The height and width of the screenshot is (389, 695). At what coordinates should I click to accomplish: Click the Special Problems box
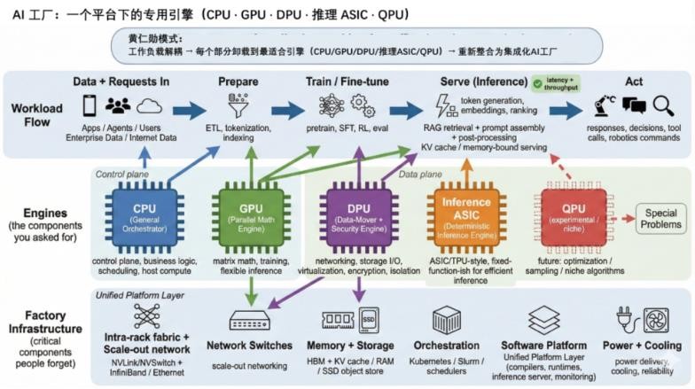coord(662,219)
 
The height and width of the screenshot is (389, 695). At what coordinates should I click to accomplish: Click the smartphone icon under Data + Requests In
coord(90,106)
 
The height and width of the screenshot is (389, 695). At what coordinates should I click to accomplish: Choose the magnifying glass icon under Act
coord(663,106)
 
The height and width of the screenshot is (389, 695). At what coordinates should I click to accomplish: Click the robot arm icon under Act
coord(605,105)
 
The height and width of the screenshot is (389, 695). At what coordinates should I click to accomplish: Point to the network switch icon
coord(249,320)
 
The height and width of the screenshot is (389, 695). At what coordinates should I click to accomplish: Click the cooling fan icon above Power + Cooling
coord(657,320)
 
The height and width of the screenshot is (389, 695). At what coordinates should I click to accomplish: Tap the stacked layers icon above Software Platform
coord(543,320)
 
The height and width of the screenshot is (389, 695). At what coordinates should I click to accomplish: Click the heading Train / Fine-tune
coord(345,82)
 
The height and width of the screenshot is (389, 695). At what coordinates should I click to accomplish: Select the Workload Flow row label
coord(37,115)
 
